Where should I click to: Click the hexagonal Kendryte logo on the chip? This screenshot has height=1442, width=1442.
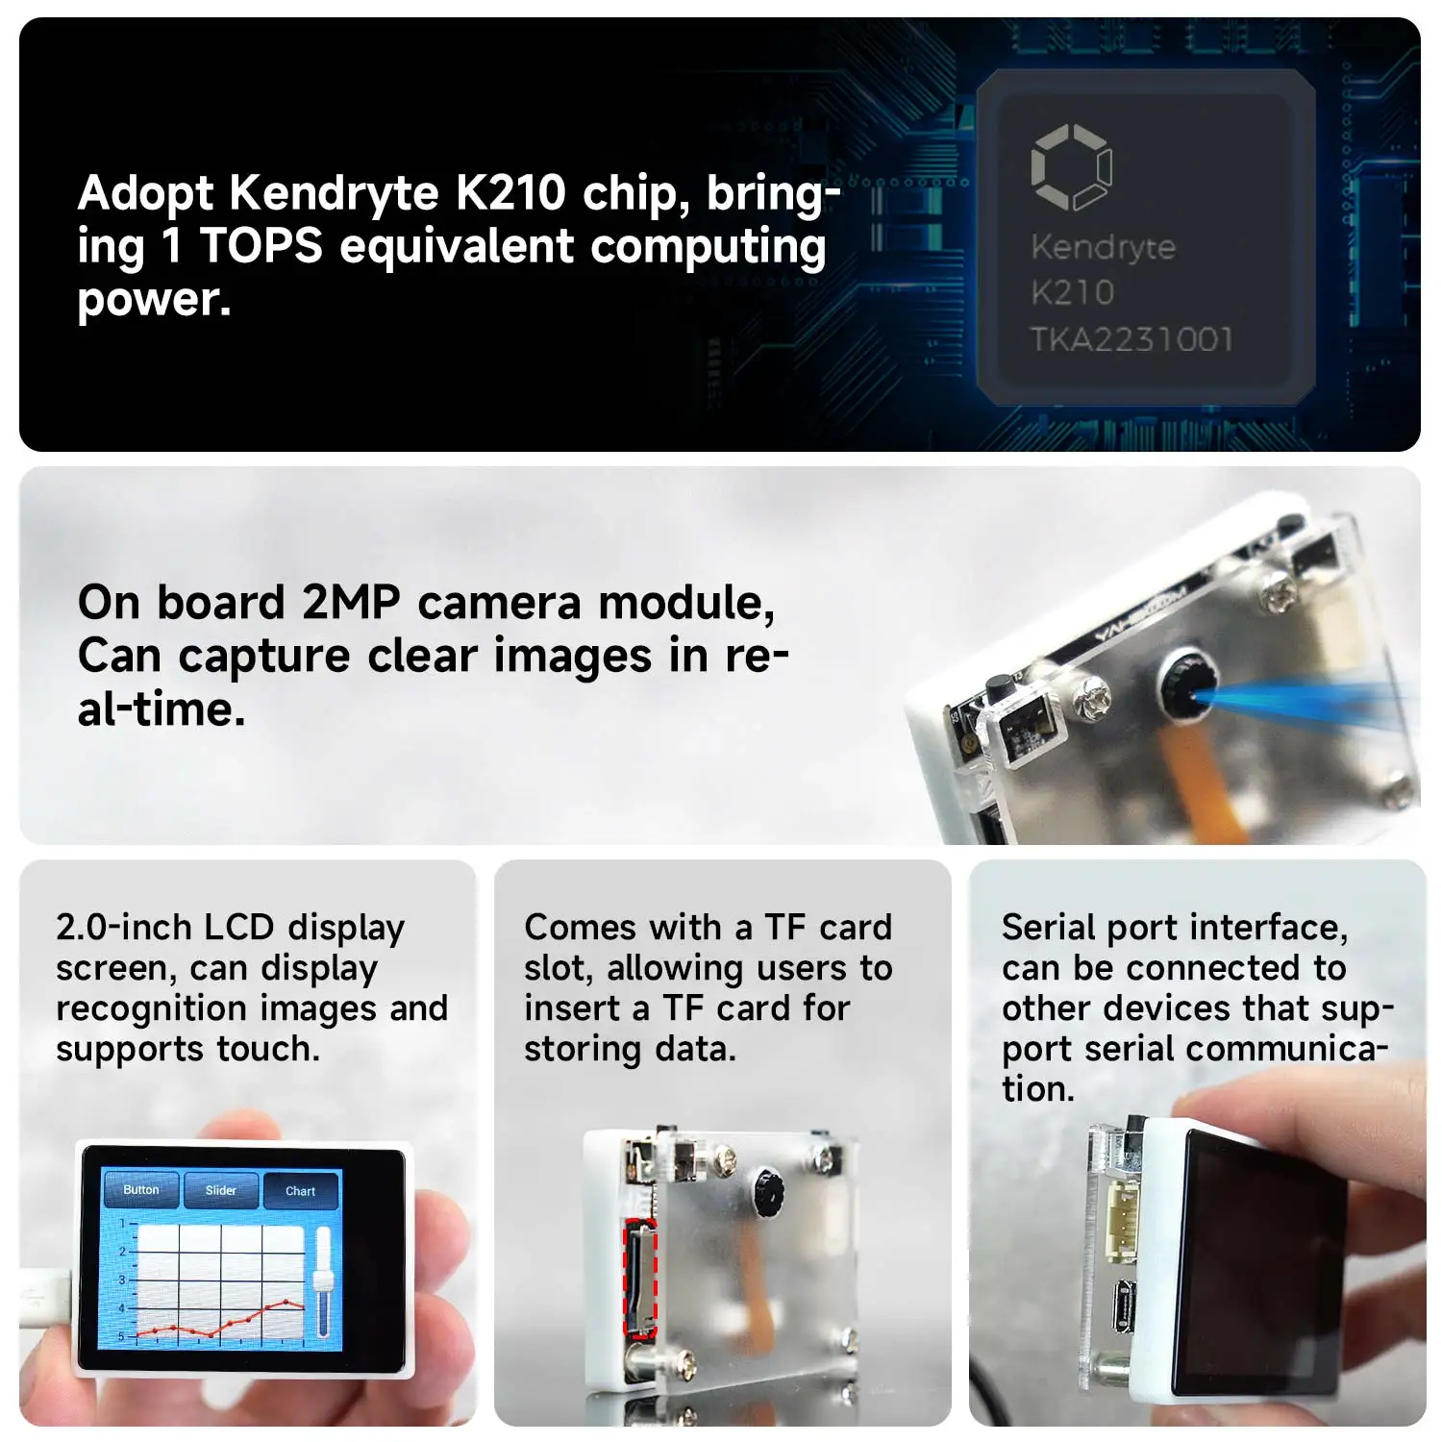pos(1071,166)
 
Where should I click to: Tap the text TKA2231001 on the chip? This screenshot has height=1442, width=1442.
pos(1131,339)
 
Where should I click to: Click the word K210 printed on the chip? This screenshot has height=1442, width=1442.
pos(1072,292)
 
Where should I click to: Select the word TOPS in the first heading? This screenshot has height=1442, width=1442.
pos(261,246)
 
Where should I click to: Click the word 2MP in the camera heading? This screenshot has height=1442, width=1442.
pos(351,603)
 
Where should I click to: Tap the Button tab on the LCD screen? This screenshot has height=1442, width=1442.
pos(141,1190)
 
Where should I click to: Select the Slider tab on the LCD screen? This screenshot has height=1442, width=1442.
pos(221,1190)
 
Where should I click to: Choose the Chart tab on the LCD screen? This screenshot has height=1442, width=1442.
pos(300,1191)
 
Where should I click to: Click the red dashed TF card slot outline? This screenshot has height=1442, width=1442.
pos(639,1279)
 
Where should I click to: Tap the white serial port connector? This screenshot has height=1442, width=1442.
pos(1120,1216)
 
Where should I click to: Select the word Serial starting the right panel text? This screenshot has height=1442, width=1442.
pos(1049,928)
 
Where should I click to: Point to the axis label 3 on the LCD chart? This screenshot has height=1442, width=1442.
pos(122,1280)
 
